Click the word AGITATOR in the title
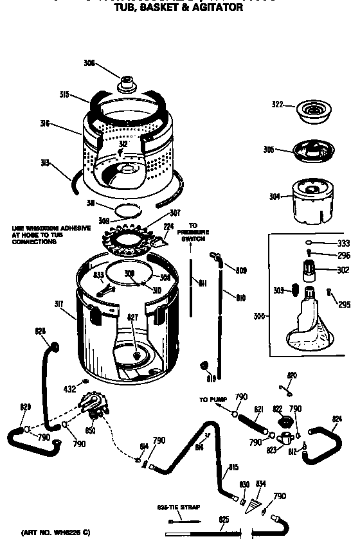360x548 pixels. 218,8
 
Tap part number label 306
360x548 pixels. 89,63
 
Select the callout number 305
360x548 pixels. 268,150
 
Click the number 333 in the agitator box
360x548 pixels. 343,243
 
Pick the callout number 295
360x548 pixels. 344,305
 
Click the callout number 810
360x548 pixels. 241,297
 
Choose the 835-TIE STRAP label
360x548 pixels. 178,507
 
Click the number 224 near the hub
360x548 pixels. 168,226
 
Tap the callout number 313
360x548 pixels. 62,163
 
